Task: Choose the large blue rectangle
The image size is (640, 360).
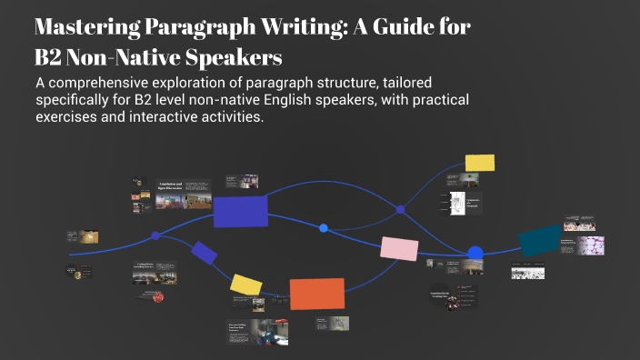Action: click(x=240, y=211)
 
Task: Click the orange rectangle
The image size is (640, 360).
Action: click(x=316, y=294)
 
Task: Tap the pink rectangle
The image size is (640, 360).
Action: click(x=398, y=248)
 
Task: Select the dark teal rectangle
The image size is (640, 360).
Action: click(x=539, y=240)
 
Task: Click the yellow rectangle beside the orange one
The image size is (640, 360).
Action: click(x=245, y=285)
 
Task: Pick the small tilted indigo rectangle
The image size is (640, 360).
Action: click(x=204, y=253)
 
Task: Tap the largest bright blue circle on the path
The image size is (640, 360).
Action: click(x=475, y=254)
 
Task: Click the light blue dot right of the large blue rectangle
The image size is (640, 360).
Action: click(x=324, y=228)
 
